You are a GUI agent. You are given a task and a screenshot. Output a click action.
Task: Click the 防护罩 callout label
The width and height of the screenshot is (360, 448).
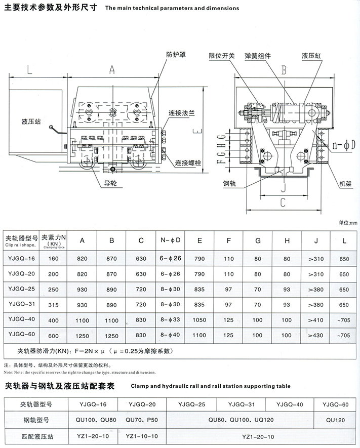coord(176,54)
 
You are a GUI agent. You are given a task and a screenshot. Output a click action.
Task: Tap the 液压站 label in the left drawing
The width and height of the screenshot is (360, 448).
coord(31,121)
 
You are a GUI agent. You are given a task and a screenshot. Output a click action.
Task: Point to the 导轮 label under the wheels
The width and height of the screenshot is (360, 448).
coord(110,183)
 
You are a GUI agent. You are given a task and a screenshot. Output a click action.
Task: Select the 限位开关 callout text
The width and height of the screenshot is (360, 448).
coord(222,56)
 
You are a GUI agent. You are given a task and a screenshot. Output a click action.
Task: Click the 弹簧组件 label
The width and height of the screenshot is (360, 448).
coord(258,56)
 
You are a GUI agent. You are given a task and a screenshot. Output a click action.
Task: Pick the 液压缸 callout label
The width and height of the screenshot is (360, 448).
coord(311,56)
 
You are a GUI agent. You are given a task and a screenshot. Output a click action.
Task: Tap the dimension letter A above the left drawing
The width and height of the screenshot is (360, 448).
coord(112,70)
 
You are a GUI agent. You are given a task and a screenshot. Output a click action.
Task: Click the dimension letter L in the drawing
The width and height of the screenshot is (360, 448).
coord(30,70)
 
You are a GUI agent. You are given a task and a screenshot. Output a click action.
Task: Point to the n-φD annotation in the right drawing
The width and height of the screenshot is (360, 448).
coord(344,145)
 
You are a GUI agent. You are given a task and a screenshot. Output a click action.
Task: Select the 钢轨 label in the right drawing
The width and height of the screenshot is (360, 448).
coord(230,184)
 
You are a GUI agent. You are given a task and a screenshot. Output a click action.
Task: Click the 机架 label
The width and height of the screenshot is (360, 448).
coord(345,184)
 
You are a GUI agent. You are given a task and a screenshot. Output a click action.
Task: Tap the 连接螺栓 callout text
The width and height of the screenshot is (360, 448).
coord(188,163)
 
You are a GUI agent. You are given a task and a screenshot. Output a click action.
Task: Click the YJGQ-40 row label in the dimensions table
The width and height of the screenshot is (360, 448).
coord(22,319)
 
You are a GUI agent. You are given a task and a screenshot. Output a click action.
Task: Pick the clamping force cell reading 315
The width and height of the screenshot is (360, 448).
coord(54,305)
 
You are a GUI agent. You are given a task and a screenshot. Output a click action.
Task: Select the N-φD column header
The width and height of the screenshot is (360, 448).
coord(171,240)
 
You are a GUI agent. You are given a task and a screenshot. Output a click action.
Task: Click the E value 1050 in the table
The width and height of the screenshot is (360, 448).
coord(199,320)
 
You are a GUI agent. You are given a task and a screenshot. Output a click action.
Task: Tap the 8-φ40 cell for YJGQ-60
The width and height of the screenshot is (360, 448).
coord(170,335)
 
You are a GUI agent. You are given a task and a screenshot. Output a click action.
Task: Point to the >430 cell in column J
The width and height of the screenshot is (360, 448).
coord(316,335)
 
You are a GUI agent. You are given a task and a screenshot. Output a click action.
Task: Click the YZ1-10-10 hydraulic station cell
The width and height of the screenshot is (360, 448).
coord(142,436)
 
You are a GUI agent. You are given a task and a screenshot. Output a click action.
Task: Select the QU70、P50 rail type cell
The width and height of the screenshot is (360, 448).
coord(142,420)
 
